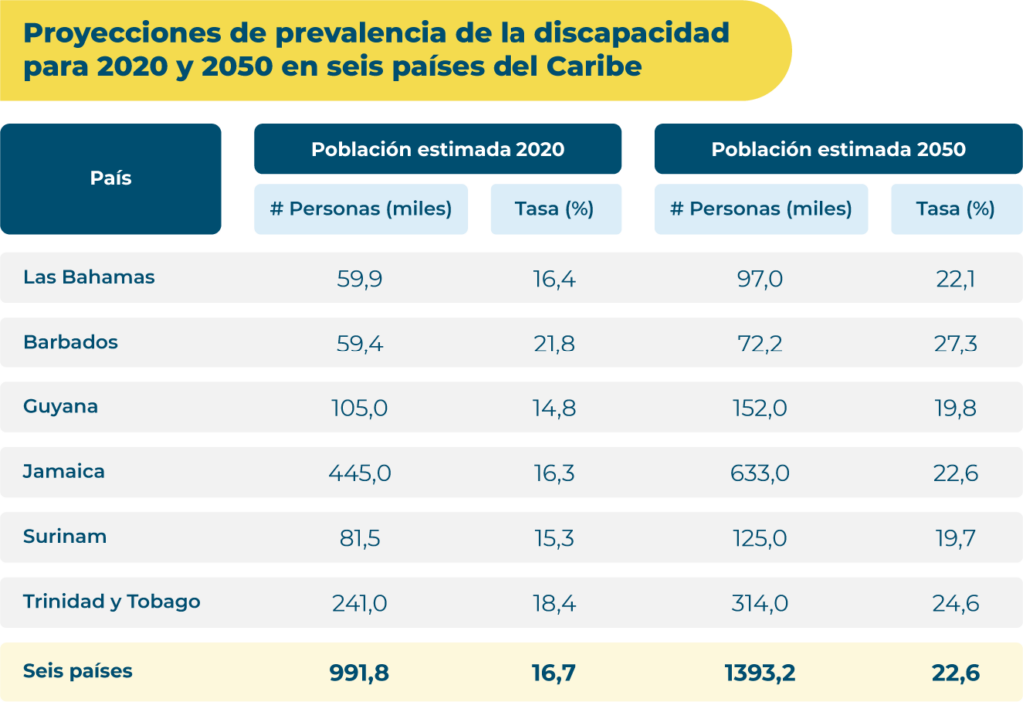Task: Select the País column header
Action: (111, 179)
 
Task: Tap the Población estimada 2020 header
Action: (438, 149)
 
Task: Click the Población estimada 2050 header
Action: (838, 149)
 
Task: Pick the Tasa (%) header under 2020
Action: (555, 209)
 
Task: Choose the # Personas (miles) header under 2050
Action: (761, 209)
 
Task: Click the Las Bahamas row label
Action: (89, 277)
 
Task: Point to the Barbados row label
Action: (70, 342)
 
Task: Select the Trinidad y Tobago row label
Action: (112, 601)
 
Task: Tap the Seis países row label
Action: (78, 671)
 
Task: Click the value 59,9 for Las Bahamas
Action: (360, 279)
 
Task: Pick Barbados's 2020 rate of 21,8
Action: (554, 344)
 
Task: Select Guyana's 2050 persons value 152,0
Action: (761, 408)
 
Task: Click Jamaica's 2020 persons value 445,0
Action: (360, 473)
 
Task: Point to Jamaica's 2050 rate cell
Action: (956, 473)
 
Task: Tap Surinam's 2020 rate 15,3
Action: (554, 538)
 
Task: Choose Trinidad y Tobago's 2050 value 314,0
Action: (761, 603)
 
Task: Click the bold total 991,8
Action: (360, 673)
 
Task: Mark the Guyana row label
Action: (61, 407)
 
